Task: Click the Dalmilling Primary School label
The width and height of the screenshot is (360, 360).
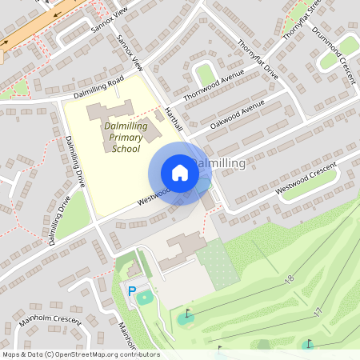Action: [126, 138]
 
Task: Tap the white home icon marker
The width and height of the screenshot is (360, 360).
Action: [180, 173]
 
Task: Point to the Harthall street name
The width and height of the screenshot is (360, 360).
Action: [174, 117]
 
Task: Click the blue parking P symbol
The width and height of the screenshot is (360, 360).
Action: [132, 292]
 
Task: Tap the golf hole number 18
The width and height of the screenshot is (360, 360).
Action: [289, 278]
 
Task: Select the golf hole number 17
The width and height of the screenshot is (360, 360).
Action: [318, 310]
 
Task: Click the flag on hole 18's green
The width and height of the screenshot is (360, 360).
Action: [188, 312]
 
